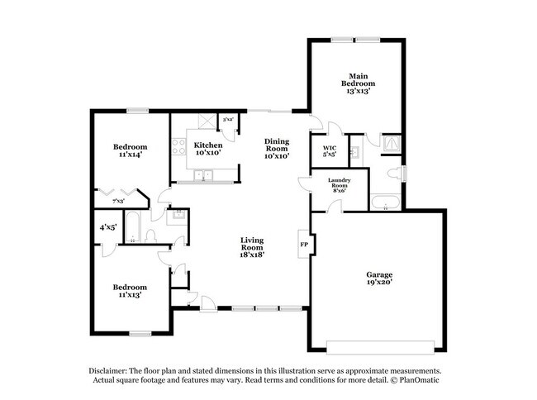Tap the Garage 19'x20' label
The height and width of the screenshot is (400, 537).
tap(379, 278)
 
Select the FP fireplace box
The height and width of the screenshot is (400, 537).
tap(303, 244)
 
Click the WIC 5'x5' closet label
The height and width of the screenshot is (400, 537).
tap(329, 150)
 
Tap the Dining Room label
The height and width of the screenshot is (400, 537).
tap(276, 148)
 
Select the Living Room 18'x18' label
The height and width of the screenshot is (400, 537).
tap(252, 247)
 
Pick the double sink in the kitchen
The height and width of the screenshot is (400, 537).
tap(203, 175)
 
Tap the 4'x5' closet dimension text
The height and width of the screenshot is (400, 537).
tap(108, 226)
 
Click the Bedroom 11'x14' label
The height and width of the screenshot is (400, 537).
tap(130, 150)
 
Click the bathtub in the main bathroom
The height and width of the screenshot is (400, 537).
tap(386, 203)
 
